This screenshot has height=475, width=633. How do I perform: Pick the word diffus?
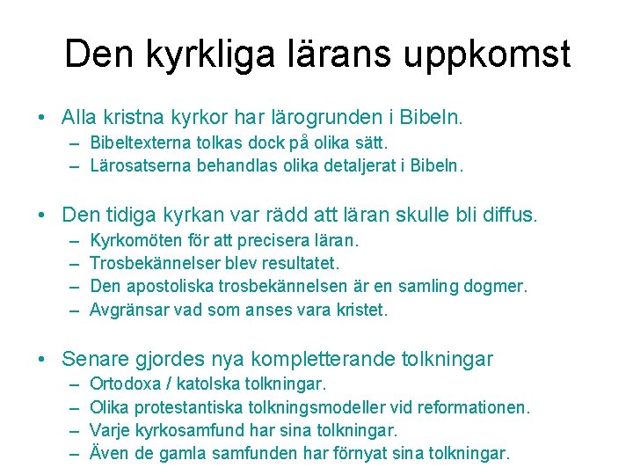point(507,214)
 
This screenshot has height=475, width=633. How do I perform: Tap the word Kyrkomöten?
point(136,240)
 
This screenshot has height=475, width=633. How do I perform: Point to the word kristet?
point(360,310)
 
